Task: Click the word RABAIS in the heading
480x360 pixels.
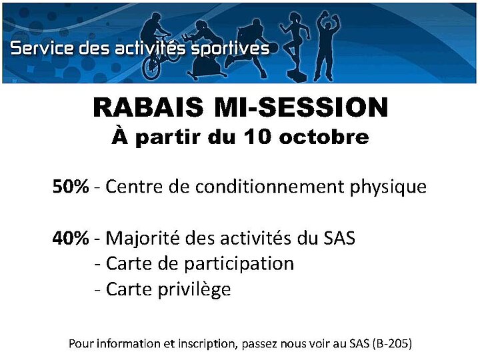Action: pyautogui.click(x=148, y=107)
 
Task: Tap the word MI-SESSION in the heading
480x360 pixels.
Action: pyautogui.click(x=301, y=107)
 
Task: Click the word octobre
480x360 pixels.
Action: pyautogui.click(x=324, y=137)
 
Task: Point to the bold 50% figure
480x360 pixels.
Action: pyautogui.click(x=71, y=186)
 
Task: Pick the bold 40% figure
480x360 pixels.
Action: pyautogui.click(x=71, y=238)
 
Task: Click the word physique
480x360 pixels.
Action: pyautogui.click(x=388, y=187)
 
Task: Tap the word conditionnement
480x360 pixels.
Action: pyautogui.click(x=270, y=186)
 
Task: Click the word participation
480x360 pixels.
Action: pyautogui.click(x=239, y=265)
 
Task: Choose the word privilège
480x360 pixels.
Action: pyautogui.click(x=194, y=290)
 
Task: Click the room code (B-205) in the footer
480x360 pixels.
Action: pyautogui.click(x=393, y=343)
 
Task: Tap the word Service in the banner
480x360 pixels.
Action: pyautogui.click(x=42, y=48)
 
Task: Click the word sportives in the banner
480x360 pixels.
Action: pyautogui.click(x=230, y=49)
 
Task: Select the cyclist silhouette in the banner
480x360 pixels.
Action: pyautogui.click(x=157, y=46)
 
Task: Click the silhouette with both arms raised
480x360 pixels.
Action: pyautogui.click(x=327, y=46)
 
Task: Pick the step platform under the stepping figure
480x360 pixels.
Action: pyautogui.click(x=296, y=75)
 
